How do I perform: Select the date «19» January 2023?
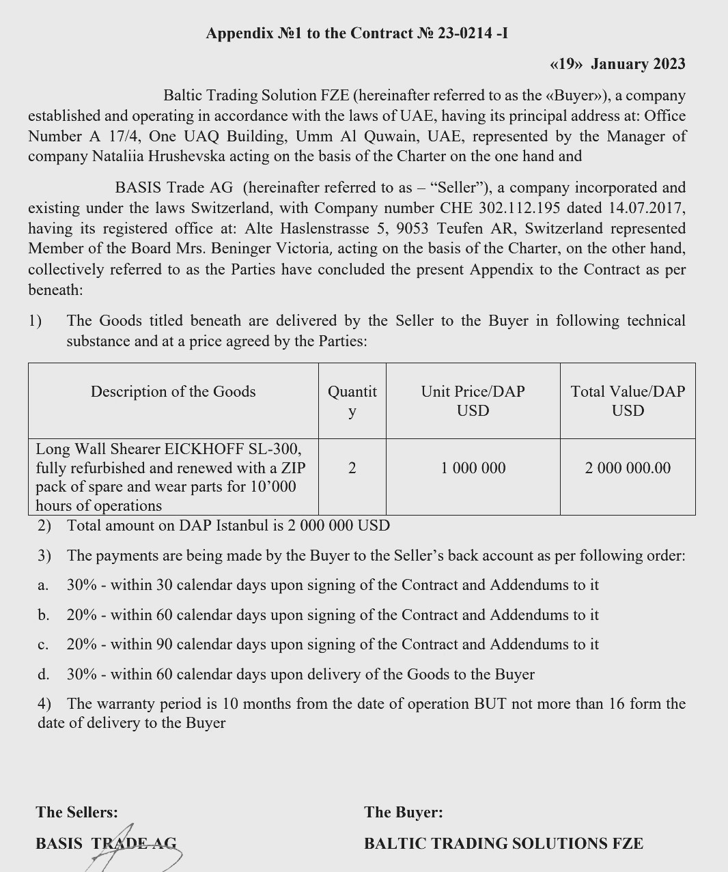click(x=617, y=64)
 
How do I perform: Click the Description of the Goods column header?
click(x=173, y=392)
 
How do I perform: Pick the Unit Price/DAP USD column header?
click(x=473, y=401)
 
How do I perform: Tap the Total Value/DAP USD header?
click(x=628, y=401)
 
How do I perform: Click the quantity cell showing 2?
click(x=352, y=468)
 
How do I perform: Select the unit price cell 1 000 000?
click(x=473, y=468)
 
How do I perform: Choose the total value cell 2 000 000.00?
click(x=628, y=468)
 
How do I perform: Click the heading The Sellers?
click(x=76, y=813)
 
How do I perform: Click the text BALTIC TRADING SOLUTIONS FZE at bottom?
click(x=503, y=844)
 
